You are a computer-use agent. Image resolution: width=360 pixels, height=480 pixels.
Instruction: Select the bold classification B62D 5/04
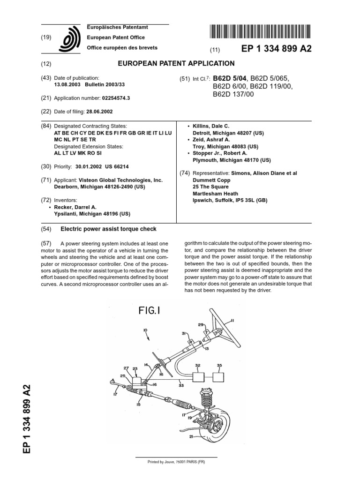230,78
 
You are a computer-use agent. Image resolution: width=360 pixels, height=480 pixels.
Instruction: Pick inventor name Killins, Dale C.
214,126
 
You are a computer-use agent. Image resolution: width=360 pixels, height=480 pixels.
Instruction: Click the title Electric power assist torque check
109,229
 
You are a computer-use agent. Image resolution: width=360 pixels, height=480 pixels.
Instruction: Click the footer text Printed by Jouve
176,462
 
